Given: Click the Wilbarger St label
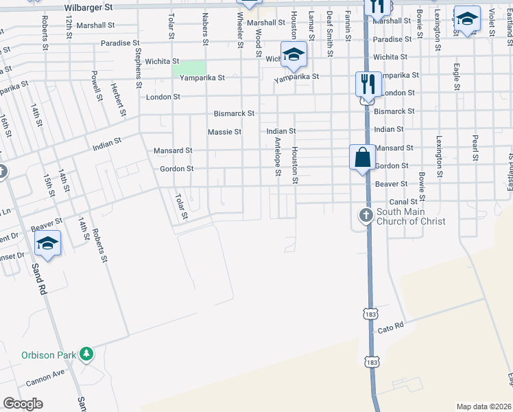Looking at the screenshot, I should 88,8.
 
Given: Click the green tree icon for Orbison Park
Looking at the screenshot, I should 86,354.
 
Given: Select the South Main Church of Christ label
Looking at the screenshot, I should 411,216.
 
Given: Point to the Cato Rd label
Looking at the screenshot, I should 391,328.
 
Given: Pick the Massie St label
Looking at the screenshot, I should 224,132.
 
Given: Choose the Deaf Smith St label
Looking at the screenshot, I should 330,33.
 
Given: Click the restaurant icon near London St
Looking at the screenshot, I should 368,85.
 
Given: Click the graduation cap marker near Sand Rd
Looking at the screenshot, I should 48,244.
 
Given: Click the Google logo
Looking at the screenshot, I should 23,404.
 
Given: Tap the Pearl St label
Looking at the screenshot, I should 474,148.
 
